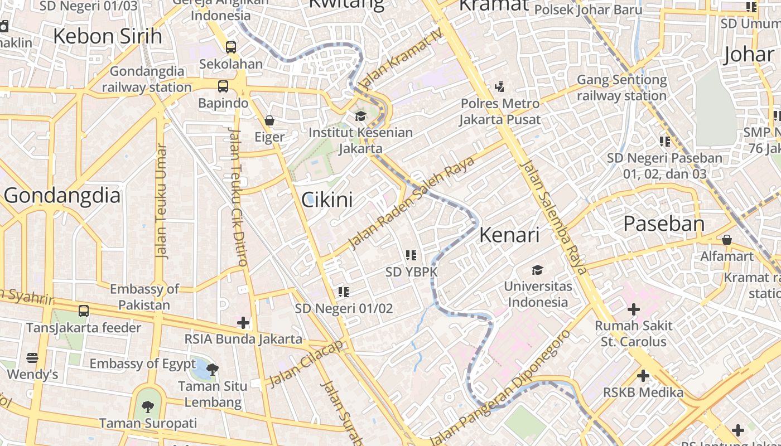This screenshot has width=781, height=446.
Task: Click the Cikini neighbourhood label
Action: pyautogui.click(x=327, y=200)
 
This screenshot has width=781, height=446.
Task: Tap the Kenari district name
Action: pyautogui.click(x=509, y=235)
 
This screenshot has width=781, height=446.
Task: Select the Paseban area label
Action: pyautogui.click(x=664, y=224)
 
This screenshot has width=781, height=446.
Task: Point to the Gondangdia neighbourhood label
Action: pyautogui.click(x=62, y=196)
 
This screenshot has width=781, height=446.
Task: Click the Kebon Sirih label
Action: pyautogui.click(x=108, y=36)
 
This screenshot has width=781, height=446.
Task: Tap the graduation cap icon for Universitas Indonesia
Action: pyautogui.click(x=537, y=270)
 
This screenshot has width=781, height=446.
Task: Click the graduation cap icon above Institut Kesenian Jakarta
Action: pyautogui.click(x=360, y=117)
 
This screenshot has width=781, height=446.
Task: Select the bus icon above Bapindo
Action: pyautogui.click(x=223, y=86)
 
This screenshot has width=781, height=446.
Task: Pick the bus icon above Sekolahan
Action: pyautogui.click(x=231, y=47)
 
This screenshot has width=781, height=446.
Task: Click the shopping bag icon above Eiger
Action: pyautogui.click(x=269, y=120)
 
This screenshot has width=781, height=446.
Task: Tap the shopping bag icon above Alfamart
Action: pyautogui.click(x=727, y=240)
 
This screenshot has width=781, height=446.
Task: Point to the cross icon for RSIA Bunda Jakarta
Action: pyautogui.click(x=243, y=322)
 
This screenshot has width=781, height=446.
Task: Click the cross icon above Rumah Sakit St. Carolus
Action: pyautogui.click(x=633, y=309)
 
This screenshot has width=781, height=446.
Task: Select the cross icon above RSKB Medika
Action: pyautogui.click(x=643, y=376)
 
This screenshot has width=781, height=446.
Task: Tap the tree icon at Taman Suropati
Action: pyautogui.click(x=147, y=406)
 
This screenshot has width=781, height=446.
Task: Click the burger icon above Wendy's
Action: pyautogui.click(x=32, y=357)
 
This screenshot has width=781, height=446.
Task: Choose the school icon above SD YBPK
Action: pyautogui.click(x=411, y=255)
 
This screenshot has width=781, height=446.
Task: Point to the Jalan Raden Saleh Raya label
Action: pyautogui.click(x=412, y=202)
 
